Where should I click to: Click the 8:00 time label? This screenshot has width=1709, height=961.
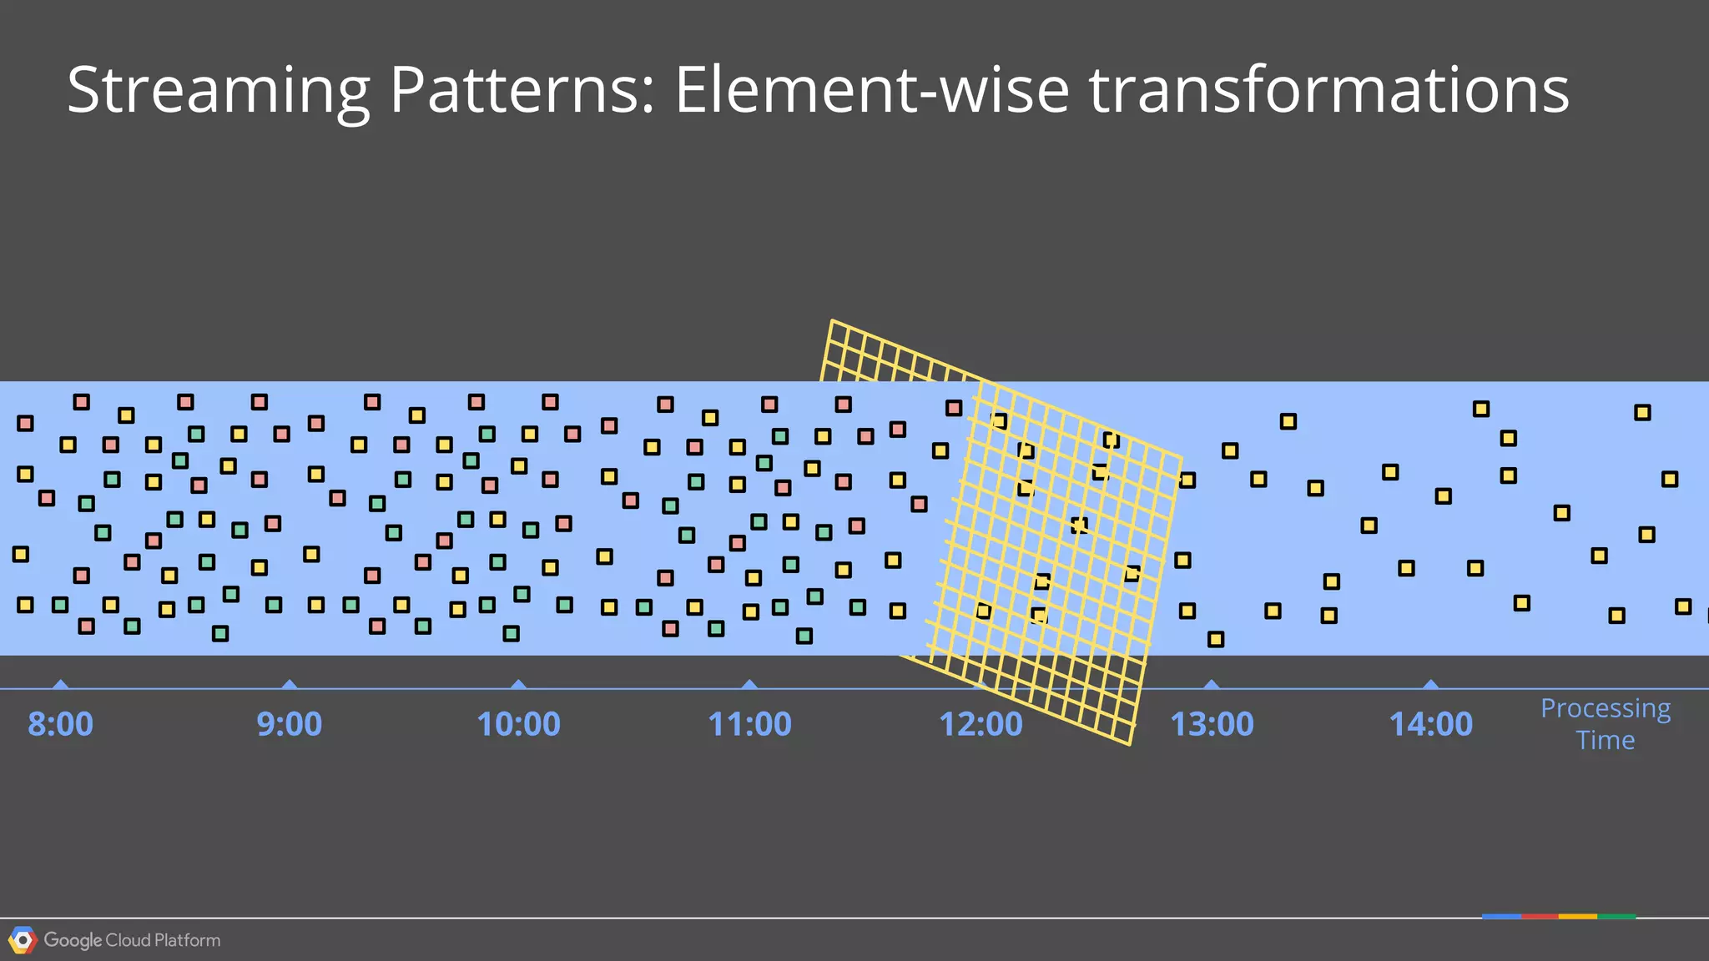click(x=60, y=724)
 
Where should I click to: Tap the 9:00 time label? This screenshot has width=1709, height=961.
click(x=290, y=724)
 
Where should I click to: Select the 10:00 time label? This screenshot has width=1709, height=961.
click(x=518, y=724)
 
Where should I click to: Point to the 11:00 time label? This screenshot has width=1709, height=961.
click(x=749, y=724)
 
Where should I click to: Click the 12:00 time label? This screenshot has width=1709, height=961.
click(x=981, y=724)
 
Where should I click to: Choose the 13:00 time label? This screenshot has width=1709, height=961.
click(x=1212, y=724)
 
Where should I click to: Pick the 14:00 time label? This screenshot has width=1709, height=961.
click(x=1430, y=724)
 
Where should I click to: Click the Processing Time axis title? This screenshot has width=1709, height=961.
click(x=1606, y=724)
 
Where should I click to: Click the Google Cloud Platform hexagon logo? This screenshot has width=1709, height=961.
click(x=23, y=940)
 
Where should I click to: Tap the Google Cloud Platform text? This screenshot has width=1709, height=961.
click(x=132, y=940)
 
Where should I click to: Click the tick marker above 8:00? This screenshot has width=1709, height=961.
click(x=60, y=685)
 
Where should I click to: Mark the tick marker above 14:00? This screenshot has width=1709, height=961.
click(x=1430, y=685)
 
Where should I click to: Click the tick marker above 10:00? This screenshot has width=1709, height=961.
click(x=518, y=685)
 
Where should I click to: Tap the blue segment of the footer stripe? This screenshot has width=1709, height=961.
click(x=1501, y=916)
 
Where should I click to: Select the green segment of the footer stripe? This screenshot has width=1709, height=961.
click(x=1616, y=916)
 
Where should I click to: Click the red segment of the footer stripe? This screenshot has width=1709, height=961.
click(x=1540, y=916)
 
